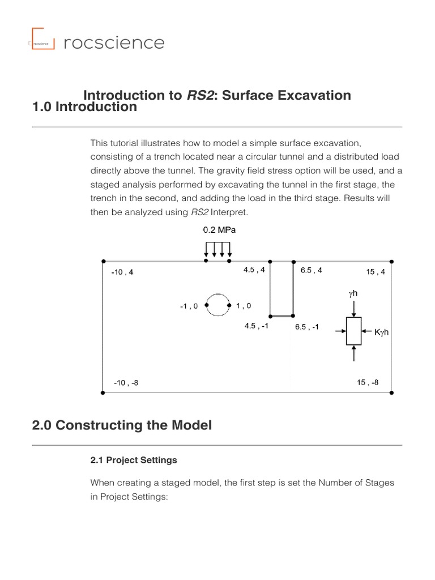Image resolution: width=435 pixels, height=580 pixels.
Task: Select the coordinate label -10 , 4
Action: (122, 272)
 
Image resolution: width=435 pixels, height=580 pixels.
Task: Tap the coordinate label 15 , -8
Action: (368, 382)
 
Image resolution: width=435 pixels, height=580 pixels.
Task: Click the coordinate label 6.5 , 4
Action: (311, 270)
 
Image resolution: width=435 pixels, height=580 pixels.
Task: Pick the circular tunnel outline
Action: (217, 305)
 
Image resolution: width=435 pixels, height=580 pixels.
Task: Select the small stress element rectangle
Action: (353, 331)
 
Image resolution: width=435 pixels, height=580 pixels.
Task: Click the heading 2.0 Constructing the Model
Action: (122, 425)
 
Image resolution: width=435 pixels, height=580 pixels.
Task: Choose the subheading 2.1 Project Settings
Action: (134, 460)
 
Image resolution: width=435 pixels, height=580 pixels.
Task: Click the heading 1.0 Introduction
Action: (84, 106)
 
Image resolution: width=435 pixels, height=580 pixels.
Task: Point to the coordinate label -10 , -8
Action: (126, 382)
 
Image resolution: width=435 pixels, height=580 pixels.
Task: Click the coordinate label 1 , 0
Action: (244, 306)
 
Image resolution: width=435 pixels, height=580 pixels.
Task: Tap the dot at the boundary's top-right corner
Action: (392, 262)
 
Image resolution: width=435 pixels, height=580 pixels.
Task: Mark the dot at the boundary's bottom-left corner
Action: (103, 393)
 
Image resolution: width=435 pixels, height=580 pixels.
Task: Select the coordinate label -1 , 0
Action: (189, 306)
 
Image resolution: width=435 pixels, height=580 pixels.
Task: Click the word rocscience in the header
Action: (114, 42)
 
